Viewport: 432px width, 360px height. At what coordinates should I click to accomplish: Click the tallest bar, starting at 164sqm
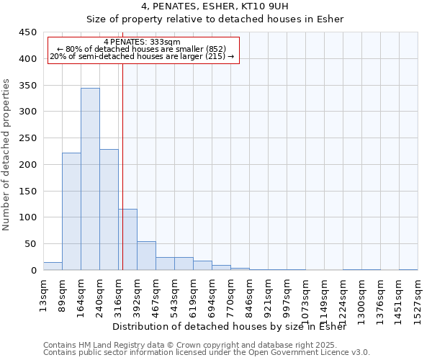pos(90,179)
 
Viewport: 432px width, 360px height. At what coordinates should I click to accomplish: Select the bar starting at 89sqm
pos(71,212)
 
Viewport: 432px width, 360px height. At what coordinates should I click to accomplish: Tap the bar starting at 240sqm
pos(109,210)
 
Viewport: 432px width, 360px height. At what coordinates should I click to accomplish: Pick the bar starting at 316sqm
pos(128,240)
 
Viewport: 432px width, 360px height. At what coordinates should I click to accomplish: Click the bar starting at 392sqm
pos(146,256)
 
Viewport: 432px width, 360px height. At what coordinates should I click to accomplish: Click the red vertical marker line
pos(122,166)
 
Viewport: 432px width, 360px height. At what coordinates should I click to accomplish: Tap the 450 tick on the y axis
pos(28,32)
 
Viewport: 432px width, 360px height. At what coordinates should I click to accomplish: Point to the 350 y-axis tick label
pos(28,85)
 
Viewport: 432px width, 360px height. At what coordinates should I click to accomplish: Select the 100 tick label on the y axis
pos(28,217)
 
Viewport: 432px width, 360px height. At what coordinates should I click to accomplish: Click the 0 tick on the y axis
pos(33,271)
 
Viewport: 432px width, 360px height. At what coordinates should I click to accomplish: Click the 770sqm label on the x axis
pos(231,296)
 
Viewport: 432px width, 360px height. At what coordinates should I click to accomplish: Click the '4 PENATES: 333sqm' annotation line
pos(142,42)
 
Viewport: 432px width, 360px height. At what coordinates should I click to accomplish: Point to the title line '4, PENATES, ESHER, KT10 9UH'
pos(216,6)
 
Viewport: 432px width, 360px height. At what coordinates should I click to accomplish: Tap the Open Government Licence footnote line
pos(207,352)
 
